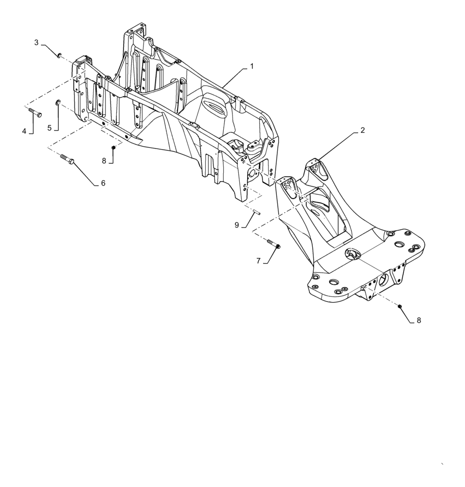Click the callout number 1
252,67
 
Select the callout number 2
362,131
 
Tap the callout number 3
36,43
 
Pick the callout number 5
49,128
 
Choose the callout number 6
103,183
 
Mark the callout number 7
258,261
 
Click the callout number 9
237,225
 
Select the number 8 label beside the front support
418,320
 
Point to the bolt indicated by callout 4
35,113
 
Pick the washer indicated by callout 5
58,102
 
